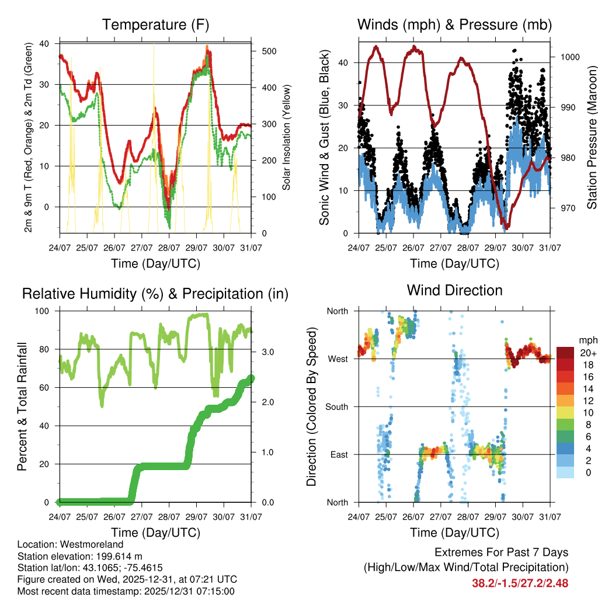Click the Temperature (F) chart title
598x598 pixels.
point(155,25)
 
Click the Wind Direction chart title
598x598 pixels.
point(454,290)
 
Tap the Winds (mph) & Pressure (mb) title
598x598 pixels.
point(454,25)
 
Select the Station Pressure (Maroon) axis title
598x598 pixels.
point(592,137)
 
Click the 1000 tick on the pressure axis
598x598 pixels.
point(569,57)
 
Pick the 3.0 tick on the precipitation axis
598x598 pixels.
point(263,352)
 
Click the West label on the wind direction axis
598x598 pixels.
point(337,359)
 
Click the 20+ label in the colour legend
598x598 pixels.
point(586,353)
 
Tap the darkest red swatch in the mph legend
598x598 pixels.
point(566,353)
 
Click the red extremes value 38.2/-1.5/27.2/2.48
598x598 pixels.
point(520,583)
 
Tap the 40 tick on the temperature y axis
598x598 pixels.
point(45,44)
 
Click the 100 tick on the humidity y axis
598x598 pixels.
point(43,311)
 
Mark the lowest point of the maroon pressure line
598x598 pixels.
point(507,227)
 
